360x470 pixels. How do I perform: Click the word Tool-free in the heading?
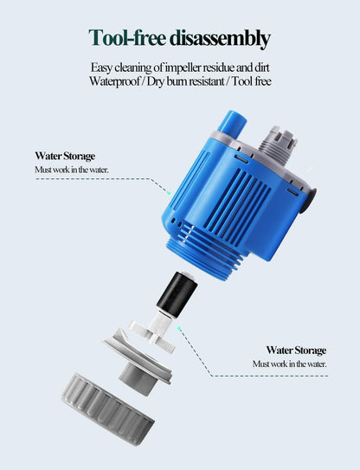click(128, 39)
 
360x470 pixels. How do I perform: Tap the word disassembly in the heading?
click(220, 39)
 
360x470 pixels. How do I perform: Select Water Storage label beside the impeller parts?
click(296, 351)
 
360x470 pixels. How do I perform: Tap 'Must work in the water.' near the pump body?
click(72, 170)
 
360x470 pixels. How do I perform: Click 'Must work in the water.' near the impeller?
click(289, 364)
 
